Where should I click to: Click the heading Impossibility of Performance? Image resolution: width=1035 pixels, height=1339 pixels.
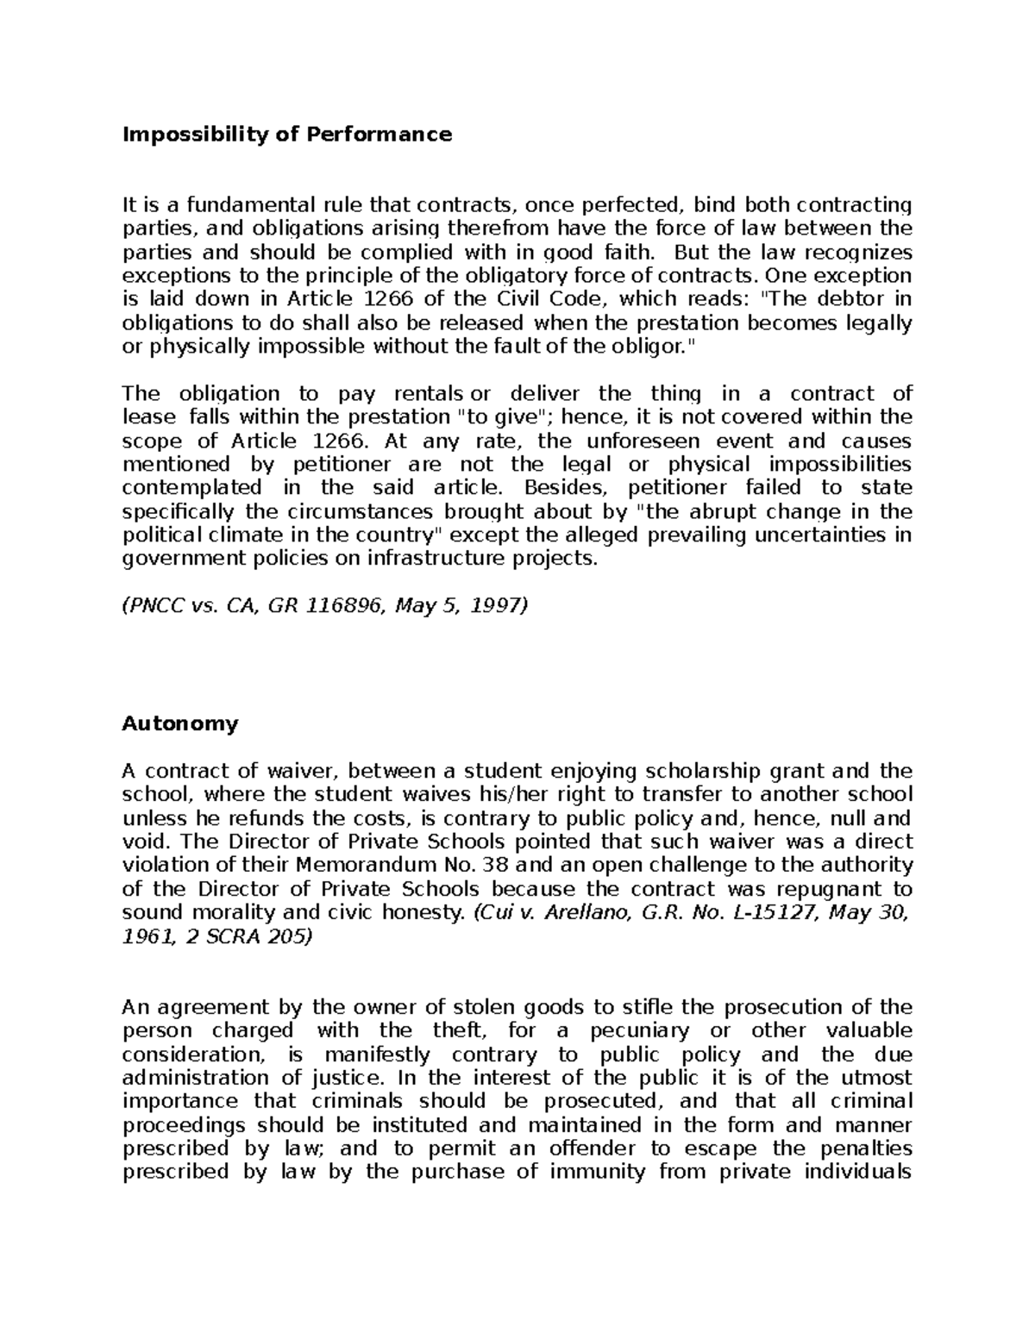287,135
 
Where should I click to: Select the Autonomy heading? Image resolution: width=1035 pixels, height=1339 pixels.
179,723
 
